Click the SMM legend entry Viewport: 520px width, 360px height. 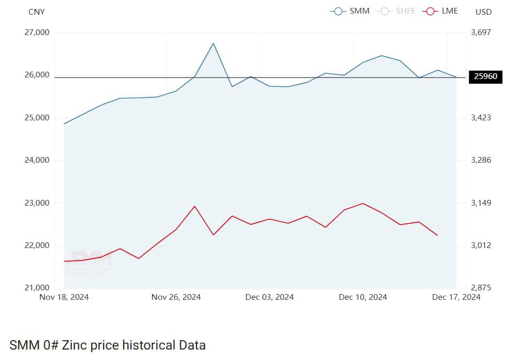coord(350,11)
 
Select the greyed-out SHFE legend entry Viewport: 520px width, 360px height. coord(396,11)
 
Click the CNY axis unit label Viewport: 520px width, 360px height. coord(37,12)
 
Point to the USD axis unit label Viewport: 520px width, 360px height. coord(483,12)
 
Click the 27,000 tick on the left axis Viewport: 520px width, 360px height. coord(37,32)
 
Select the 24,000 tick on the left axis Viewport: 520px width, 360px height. coord(37,160)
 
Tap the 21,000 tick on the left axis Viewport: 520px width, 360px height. coord(37,288)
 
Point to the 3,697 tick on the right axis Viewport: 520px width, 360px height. coord(481,32)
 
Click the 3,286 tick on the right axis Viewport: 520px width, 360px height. coord(481,160)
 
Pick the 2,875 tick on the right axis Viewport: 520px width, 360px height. coord(481,288)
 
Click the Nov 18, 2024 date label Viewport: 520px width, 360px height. coord(64,297)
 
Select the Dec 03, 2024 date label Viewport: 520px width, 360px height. coord(269,297)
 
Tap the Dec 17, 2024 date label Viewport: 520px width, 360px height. coord(456,297)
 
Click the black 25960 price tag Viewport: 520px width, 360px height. coord(485,77)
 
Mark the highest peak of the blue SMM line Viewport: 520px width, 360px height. coord(213,43)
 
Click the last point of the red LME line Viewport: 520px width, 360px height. coord(437,235)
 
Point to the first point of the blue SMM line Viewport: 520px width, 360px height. coord(64,123)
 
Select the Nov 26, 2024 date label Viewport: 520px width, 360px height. coord(176,297)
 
